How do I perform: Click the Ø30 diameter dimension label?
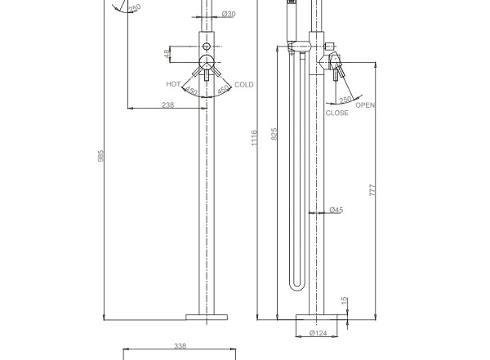pos(229,14)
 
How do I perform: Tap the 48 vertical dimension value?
pos(167,53)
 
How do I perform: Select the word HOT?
pos(173,84)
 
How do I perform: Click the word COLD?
pos(243,85)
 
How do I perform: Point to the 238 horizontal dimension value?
pos(167,104)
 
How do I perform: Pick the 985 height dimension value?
pos(100,156)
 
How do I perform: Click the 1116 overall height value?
pos(254,137)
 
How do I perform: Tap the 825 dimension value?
pos(274,134)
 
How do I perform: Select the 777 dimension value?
pos(372,190)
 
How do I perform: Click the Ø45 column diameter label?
pos(336,210)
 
